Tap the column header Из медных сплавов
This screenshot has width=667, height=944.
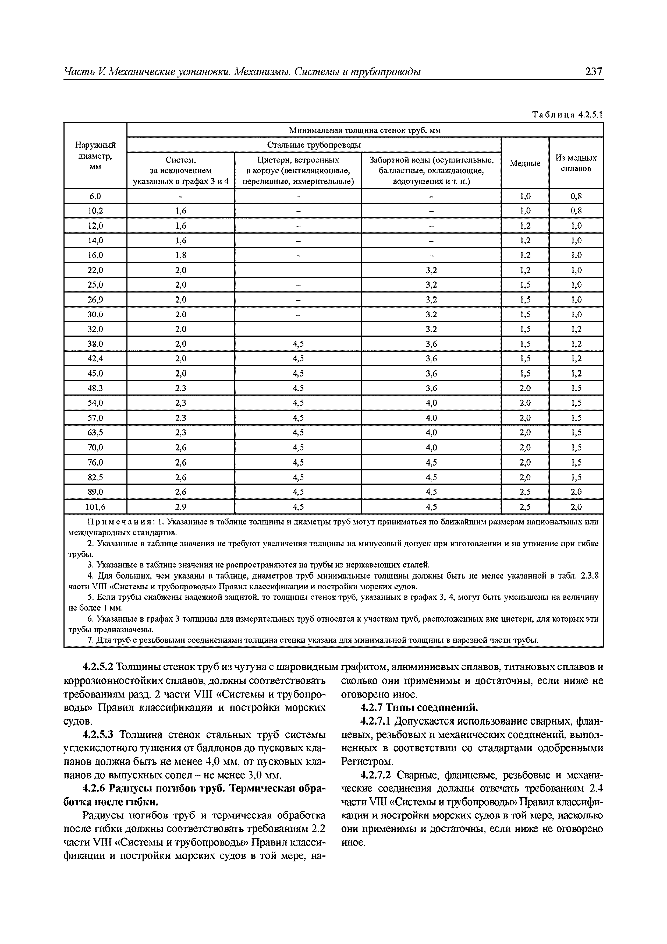(x=576, y=163)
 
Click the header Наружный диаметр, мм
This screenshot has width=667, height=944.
(x=95, y=156)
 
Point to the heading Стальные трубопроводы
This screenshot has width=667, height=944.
(x=314, y=145)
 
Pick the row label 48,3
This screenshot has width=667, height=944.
(x=95, y=388)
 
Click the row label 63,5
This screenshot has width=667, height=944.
(x=95, y=432)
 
